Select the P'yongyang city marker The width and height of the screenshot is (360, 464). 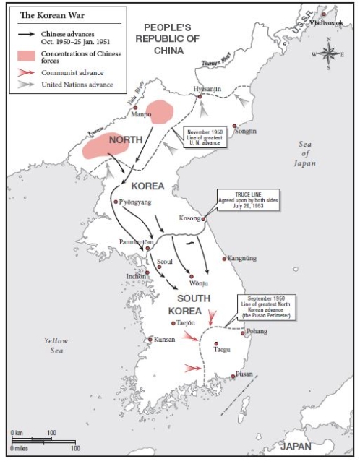click(116, 202)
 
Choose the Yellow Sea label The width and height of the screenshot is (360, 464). click(55, 345)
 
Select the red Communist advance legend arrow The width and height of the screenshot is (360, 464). click(25, 72)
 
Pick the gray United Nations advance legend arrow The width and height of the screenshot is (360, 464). click(25, 85)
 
